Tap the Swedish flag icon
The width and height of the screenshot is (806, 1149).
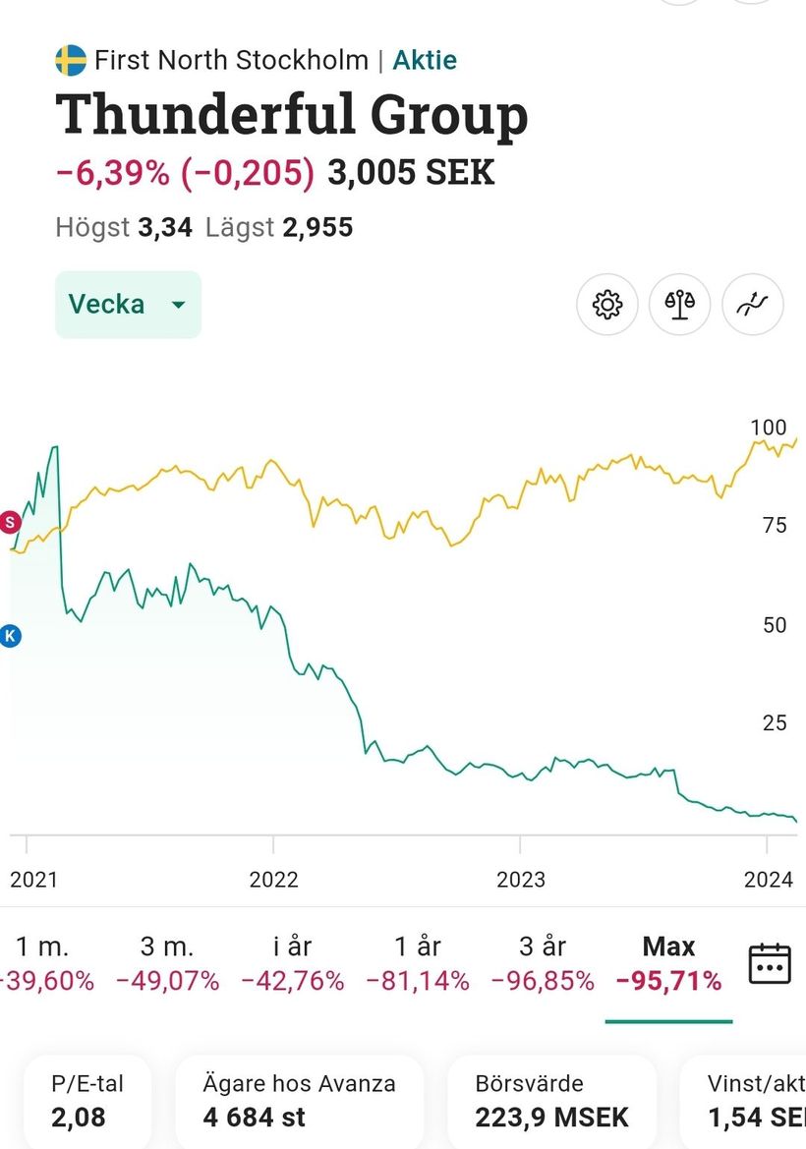click(x=70, y=60)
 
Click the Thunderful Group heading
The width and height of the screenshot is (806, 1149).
click(x=292, y=116)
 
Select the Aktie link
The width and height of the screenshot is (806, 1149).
click(x=425, y=60)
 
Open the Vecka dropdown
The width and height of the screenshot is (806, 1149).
click(x=128, y=305)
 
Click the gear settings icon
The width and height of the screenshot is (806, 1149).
click(x=607, y=305)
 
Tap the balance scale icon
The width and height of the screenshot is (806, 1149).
click(x=680, y=305)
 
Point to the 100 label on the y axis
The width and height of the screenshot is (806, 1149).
click(x=769, y=428)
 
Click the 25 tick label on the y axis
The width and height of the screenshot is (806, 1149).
click(x=775, y=723)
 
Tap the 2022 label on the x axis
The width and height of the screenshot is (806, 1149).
click(x=273, y=879)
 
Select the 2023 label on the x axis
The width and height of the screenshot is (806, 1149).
click(x=520, y=879)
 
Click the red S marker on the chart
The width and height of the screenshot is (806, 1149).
click(x=11, y=522)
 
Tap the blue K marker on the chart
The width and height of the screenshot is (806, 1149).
click(x=11, y=636)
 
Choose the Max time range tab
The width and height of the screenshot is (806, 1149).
click(x=668, y=963)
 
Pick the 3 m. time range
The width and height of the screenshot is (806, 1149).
click(x=167, y=963)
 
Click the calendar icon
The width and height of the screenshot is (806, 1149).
click(x=770, y=963)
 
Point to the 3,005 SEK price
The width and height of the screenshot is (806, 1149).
click(x=411, y=173)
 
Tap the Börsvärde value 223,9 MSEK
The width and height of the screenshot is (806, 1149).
click(x=551, y=1117)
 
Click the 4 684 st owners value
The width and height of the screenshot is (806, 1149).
click(x=254, y=1117)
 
